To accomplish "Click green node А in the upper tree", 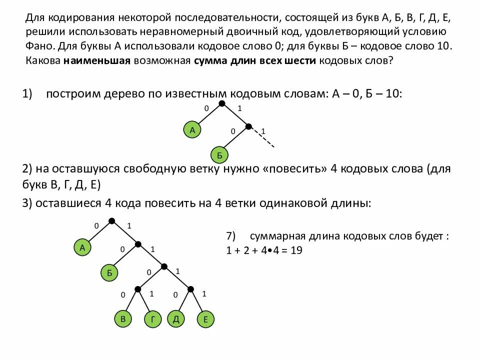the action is click(192, 130).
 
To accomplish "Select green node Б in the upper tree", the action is click(219, 155).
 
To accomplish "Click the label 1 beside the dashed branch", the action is click(263, 131).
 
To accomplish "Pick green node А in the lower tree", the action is click(82, 247).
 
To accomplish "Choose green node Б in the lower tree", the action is click(109, 272).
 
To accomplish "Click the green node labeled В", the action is click(122, 319).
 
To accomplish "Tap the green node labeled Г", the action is click(152, 319).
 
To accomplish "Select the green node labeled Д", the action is click(175, 319).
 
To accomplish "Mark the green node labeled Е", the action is click(205, 319).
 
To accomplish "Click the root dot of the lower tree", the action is click(112, 220).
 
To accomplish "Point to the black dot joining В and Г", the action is click(137, 288).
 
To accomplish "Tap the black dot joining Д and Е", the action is click(190, 288).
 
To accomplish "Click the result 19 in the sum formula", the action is click(296, 251).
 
